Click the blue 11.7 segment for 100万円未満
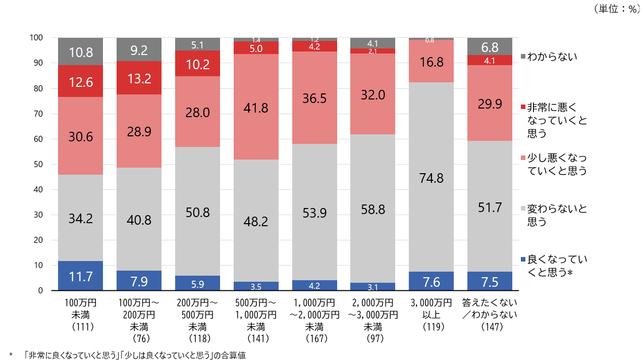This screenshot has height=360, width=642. pyautogui.click(x=81, y=276)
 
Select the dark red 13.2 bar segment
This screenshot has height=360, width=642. pyautogui.click(x=139, y=78)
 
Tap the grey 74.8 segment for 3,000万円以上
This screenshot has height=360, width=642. pyautogui.click(x=431, y=177)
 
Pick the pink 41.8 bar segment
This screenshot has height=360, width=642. pyautogui.click(x=256, y=107)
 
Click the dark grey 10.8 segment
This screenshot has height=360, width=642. pyautogui.click(x=81, y=51)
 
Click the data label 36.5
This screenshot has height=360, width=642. pyautogui.click(x=314, y=97)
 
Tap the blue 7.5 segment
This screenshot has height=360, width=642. pyautogui.click(x=490, y=281)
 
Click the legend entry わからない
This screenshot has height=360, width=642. pyautogui.click(x=552, y=57)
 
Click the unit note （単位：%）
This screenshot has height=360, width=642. pyautogui.click(x=616, y=9)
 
